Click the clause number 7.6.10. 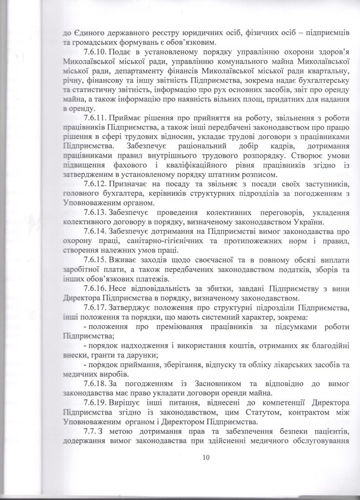pyautogui.click(x=97, y=51)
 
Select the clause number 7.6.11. pyautogui.click(x=97, y=118)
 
